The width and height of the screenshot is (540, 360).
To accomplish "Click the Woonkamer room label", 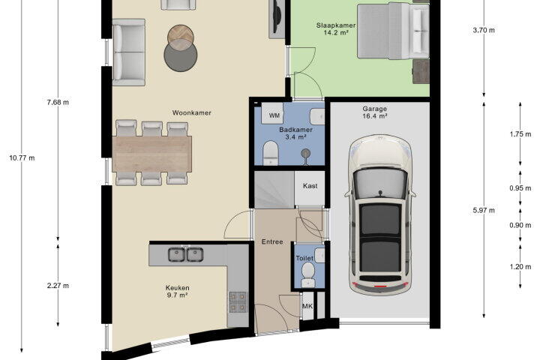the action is [191, 113].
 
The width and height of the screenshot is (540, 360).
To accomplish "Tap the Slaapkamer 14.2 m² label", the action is [336, 29].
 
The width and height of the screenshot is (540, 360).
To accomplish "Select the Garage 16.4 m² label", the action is [374, 112].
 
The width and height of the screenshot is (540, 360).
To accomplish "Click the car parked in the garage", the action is [379, 214].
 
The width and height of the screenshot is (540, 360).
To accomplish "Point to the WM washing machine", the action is [272, 113].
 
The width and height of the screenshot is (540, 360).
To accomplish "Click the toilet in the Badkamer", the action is [270, 153].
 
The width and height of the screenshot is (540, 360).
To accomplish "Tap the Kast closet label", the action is [310, 186].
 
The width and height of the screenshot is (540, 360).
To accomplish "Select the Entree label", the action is [272, 241].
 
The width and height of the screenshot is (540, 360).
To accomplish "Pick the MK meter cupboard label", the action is [307, 306].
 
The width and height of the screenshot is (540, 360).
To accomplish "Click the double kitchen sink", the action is [186, 254].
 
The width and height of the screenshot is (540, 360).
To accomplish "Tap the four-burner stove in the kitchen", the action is [238, 301].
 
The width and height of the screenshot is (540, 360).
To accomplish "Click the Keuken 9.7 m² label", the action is [177, 292].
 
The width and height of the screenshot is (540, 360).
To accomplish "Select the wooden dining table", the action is [151, 154].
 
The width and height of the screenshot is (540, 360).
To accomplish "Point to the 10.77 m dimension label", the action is [22, 158].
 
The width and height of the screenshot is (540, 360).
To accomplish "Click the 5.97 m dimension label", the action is [484, 210].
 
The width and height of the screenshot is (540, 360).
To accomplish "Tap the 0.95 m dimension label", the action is [520, 188].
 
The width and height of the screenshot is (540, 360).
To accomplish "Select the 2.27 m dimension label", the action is [58, 286].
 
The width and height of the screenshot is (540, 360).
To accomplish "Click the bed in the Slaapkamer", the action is [393, 30].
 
